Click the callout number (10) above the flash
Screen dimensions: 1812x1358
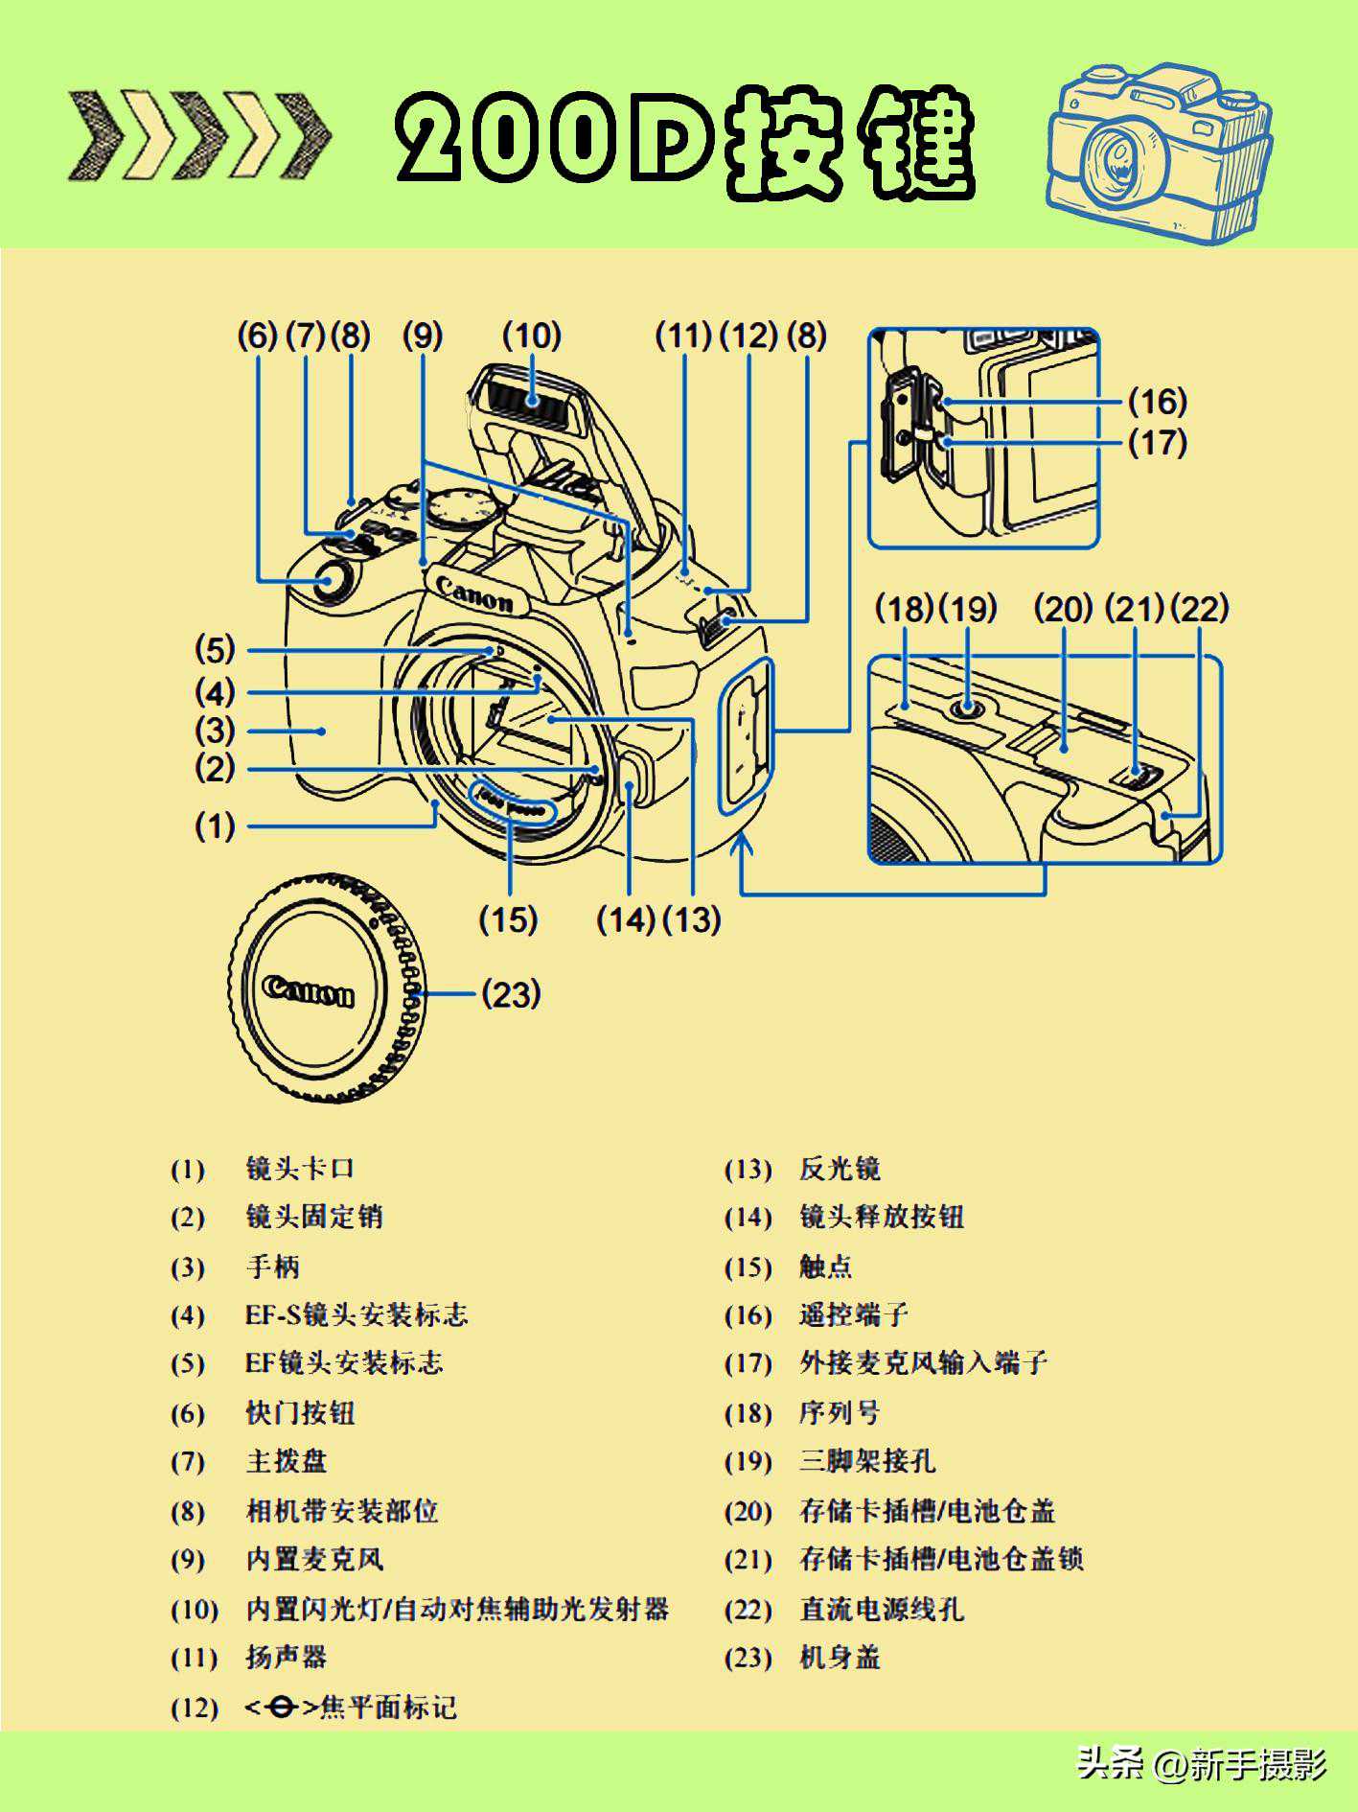click(x=531, y=337)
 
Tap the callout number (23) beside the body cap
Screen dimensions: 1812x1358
click(x=511, y=994)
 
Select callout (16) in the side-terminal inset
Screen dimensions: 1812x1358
click(x=1157, y=401)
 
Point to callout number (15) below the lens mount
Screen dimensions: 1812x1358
click(x=508, y=920)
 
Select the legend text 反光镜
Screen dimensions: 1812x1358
click(x=840, y=1170)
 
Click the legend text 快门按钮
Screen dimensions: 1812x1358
click(x=300, y=1413)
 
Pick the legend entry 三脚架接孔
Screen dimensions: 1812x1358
click(x=867, y=1462)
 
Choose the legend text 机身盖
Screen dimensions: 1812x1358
click(x=840, y=1658)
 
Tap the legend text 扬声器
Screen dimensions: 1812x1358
click(x=286, y=1658)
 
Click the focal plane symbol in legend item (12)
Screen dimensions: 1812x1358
click(x=282, y=1707)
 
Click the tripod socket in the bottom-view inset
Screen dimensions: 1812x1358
click(x=968, y=710)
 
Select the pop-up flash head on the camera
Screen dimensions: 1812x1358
click(x=533, y=403)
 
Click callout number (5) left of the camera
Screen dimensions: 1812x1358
click(x=215, y=650)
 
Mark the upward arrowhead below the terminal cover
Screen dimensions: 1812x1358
click(x=743, y=844)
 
